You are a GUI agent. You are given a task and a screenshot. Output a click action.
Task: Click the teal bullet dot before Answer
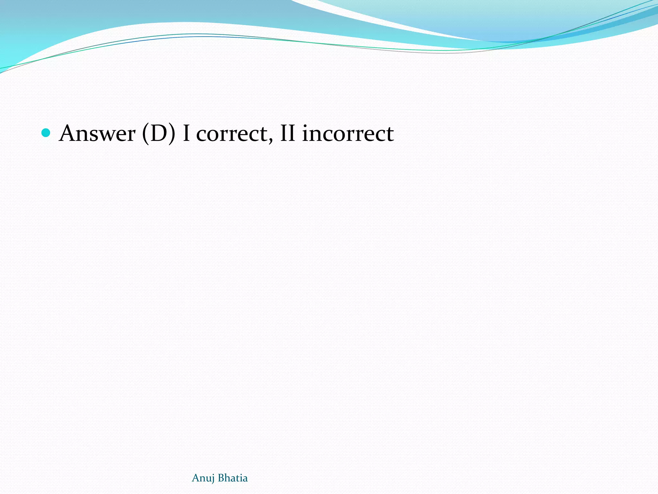click(x=46, y=133)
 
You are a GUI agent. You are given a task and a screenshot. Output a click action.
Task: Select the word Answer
click(x=97, y=133)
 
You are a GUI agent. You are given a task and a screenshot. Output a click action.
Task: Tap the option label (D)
click(x=159, y=133)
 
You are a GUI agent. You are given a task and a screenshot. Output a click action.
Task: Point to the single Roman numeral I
click(x=186, y=133)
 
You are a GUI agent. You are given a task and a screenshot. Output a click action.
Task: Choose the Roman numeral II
click(x=288, y=133)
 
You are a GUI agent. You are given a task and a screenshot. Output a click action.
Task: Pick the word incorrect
click(x=348, y=133)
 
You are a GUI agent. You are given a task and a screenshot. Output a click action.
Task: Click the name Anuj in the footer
click(x=203, y=478)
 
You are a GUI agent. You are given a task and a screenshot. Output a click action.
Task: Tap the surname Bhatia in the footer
click(x=233, y=478)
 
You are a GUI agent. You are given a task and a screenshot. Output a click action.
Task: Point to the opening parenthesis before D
click(x=146, y=134)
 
